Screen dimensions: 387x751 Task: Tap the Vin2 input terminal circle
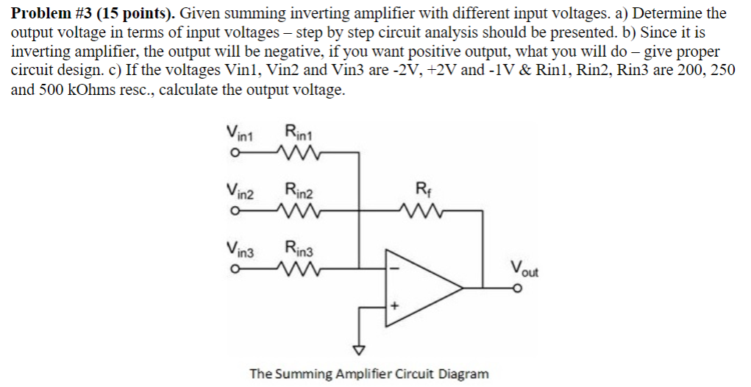[232, 211]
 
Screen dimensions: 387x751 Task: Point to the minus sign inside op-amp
[394, 269]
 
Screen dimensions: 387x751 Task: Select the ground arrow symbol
[359, 349]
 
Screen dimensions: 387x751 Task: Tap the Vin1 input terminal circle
[232, 154]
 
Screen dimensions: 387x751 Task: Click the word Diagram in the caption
[463, 374]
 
